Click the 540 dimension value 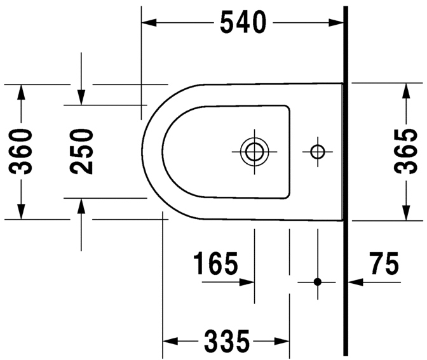pos(243,23)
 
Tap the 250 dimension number pos(82,151)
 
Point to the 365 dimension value pos(405,151)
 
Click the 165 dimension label pos(215,263)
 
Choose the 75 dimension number pos(383,263)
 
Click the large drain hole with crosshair pos(255,151)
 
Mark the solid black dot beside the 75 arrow pos(318,281)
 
